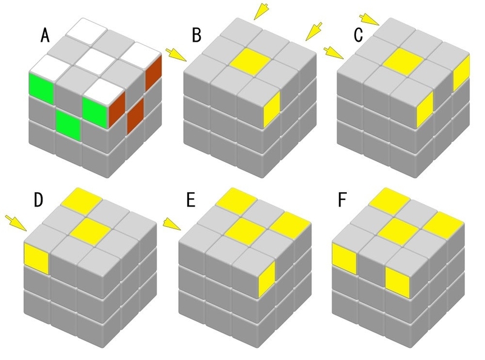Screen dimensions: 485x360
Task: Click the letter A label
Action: tap(45, 36)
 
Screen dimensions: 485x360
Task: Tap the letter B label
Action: tap(196, 36)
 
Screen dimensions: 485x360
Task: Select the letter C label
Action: tap(359, 36)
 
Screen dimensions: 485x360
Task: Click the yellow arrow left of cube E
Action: tap(172, 225)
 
